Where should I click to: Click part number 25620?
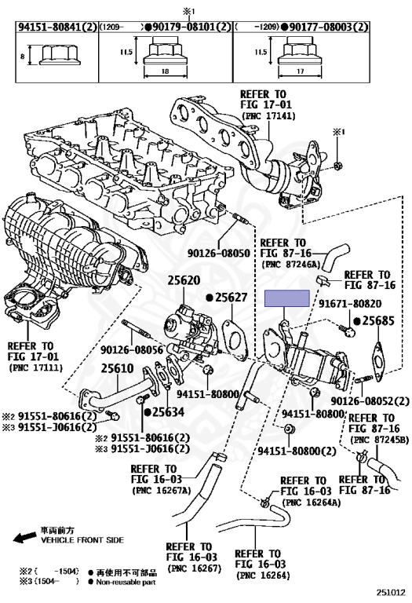184,281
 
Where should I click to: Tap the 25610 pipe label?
117,368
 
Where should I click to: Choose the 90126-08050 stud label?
219,254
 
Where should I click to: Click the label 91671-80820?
350,304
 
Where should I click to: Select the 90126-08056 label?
132,350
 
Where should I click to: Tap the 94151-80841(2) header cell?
57,27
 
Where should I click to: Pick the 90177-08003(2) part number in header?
329,27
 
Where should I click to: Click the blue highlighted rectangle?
287,298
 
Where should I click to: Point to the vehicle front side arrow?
24,537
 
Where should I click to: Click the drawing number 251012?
391,593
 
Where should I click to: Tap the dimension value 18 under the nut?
166,71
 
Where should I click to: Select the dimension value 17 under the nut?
300,71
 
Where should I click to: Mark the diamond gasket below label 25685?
377,361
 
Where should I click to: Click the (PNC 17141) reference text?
268,115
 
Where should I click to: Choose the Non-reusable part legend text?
126,583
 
